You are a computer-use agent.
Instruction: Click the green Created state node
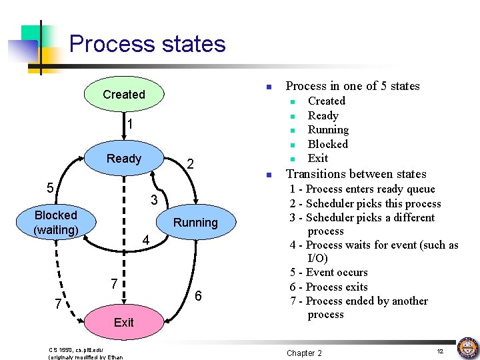pyautogui.click(x=123, y=95)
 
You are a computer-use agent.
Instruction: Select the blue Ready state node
pyautogui.click(x=124, y=159)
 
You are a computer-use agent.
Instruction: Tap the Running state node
pyautogui.click(x=195, y=223)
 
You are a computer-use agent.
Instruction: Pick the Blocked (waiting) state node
pyautogui.click(x=56, y=223)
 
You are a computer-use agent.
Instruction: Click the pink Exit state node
pyautogui.click(x=123, y=323)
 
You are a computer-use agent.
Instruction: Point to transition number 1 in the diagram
pyautogui.click(x=131, y=125)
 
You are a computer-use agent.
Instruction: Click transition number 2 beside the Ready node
pyautogui.click(x=190, y=165)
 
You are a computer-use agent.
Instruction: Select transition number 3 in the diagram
pyautogui.click(x=153, y=200)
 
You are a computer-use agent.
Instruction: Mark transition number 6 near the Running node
pyautogui.click(x=197, y=296)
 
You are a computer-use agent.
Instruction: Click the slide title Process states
pyautogui.click(x=147, y=44)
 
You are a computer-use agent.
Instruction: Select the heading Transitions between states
pyautogui.click(x=356, y=174)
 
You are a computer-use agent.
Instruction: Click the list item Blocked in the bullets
pyautogui.click(x=327, y=144)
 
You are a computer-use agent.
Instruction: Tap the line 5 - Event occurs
pyautogui.click(x=329, y=273)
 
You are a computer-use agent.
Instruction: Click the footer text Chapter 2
pyautogui.click(x=304, y=353)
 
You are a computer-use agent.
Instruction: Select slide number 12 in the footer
pyautogui.click(x=440, y=351)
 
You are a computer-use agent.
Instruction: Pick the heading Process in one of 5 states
pyautogui.click(x=353, y=86)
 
